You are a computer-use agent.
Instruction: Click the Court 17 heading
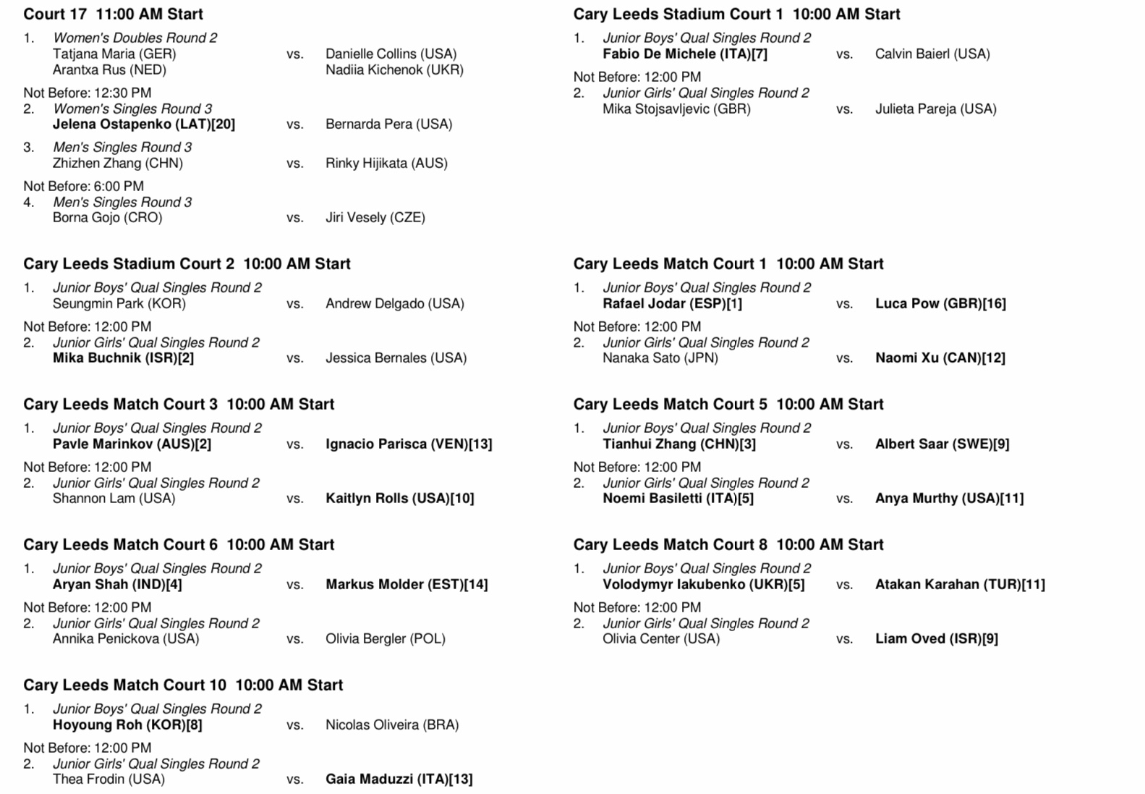pos(113,14)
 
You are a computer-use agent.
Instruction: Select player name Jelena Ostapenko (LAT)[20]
pos(144,124)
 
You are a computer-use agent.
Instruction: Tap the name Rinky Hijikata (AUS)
pos(386,163)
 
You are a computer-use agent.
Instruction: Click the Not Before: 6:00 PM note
pos(83,186)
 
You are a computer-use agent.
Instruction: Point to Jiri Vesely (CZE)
pos(375,217)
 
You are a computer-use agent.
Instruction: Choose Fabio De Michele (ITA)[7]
pos(684,54)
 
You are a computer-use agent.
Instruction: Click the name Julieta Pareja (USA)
pos(935,109)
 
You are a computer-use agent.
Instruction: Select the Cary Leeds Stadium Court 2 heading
pos(187,263)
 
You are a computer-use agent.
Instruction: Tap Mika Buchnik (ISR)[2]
pos(123,358)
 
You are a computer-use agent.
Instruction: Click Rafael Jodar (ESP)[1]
pos(672,303)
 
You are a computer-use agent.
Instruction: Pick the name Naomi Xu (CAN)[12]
pos(940,358)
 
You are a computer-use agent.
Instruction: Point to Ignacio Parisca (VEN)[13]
pos(409,444)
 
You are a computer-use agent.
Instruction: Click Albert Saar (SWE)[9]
pos(942,444)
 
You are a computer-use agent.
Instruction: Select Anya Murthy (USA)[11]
pos(949,498)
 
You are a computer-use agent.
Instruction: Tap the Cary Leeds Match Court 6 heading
pos(179,544)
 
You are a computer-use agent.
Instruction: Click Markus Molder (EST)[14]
pos(407,584)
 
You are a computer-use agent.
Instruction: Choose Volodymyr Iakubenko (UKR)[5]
pos(703,584)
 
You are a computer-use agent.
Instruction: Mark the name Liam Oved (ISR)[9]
pos(936,638)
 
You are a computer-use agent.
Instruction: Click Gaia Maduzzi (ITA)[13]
pos(399,779)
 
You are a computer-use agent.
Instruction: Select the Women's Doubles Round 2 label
pos(135,38)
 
